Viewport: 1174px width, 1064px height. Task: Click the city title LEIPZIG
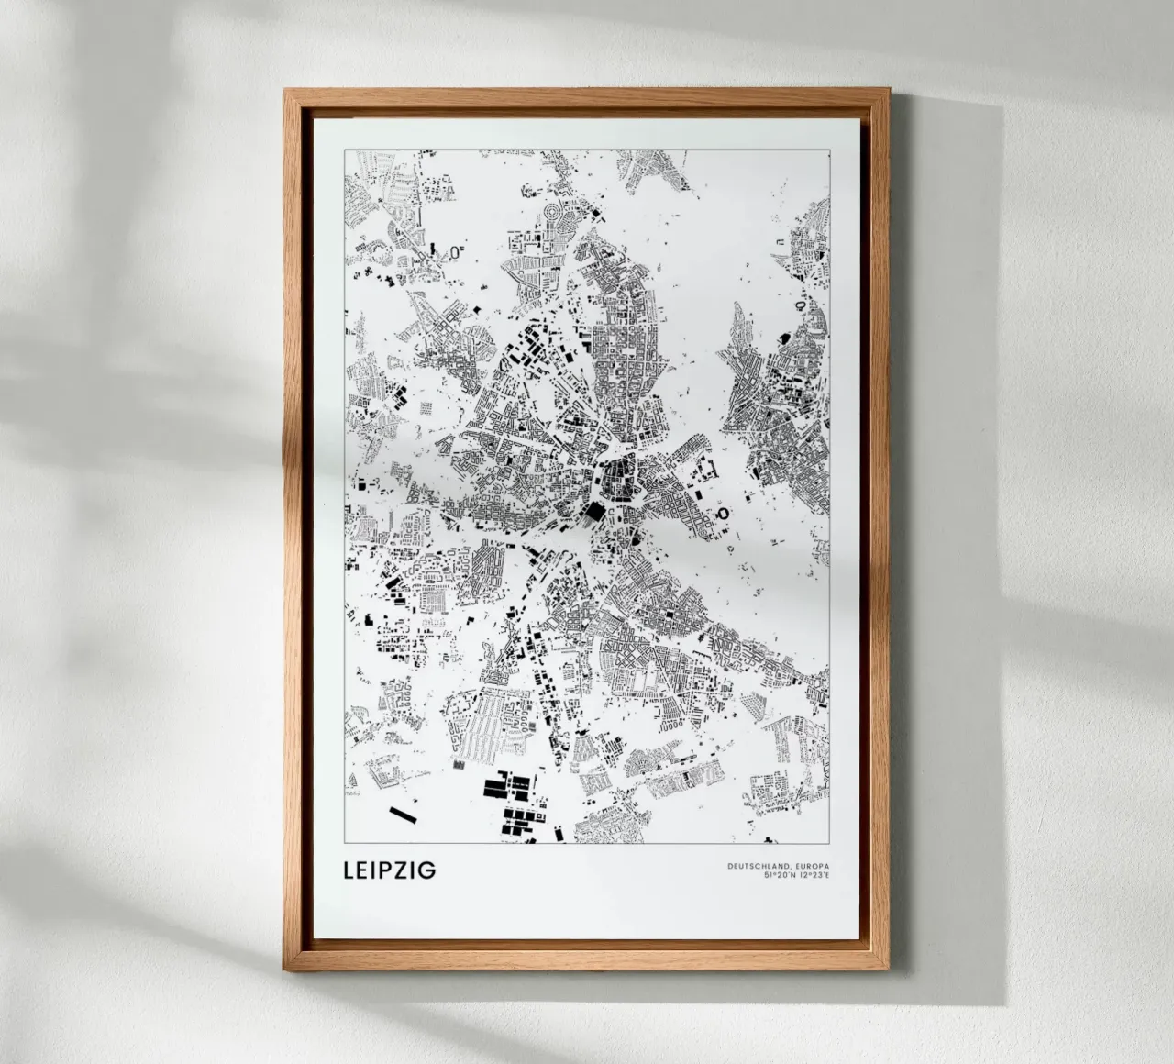tap(389, 869)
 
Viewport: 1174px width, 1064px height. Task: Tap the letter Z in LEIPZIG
tap(409, 869)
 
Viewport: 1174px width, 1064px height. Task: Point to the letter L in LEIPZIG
tap(349, 869)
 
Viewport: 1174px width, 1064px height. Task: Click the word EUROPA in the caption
tap(812, 866)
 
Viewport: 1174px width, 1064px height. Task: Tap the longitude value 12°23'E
tap(814, 875)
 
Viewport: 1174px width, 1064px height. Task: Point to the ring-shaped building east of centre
tap(722, 514)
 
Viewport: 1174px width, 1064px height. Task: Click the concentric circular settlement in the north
tap(556, 216)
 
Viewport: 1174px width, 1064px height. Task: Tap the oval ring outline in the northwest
tap(455, 249)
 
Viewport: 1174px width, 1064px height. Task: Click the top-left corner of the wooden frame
tap(287, 92)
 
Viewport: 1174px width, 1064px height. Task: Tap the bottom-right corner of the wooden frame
tap(887, 967)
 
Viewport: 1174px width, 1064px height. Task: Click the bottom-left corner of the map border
tap(344, 840)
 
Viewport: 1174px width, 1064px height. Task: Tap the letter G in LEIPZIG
tap(427, 869)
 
